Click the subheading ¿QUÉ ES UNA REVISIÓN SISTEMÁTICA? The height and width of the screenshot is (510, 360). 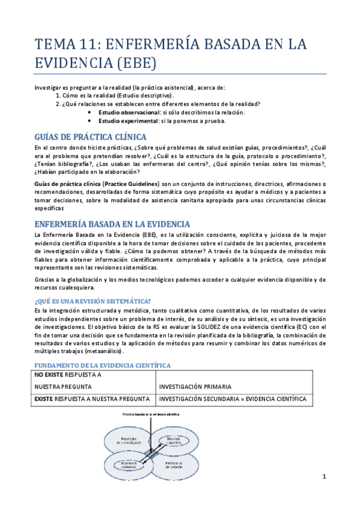pyautogui.click(x=93, y=301)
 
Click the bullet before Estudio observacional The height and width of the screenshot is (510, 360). pyautogui.click(x=90, y=112)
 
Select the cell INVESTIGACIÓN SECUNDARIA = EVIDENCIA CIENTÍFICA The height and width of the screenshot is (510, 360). pyautogui.click(x=232, y=399)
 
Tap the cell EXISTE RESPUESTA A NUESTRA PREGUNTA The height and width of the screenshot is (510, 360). pyautogui.click(x=92, y=399)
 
